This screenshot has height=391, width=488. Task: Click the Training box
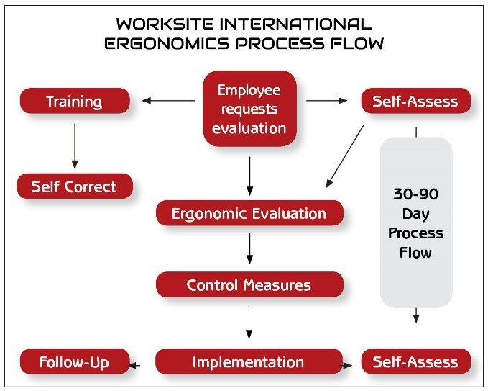pyautogui.click(x=75, y=101)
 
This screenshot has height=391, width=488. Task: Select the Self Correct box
pyautogui.click(x=75, y=186)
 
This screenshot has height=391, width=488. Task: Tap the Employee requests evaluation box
pyautogui.click(x=249, y=109)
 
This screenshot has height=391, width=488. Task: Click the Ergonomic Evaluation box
pyautogui.click(x=249, y=213)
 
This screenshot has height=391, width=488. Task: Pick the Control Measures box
pyautogui.click(x=249, y=284)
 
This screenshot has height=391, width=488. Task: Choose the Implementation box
pyautogui.click(x=249, y=361)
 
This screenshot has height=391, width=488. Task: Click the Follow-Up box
pyautogui.click(x=75, y=361)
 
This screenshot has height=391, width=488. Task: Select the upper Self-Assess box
pyautogui.click(x=416, y=101)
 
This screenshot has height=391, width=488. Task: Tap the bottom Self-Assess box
pyautogui.click(x=416, y=361)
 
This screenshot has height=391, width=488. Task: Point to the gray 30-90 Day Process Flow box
pyautogui.click(x=416, y=223)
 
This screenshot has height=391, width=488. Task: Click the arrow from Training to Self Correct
pyautogui.click(x=75, y=146)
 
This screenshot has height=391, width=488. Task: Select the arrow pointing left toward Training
pyautogui.click(x=168, y=100)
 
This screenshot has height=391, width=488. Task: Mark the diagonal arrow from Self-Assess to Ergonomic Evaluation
pyautogui.click(x=344, y=156)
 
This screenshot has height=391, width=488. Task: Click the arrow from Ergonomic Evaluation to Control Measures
pyautogui.click(x=249, y=248)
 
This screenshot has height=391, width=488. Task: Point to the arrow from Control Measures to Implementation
pyautogui.click(x=249, y=323)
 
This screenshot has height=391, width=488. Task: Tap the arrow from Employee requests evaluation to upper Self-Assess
pyautogui.click(x=326, y=100)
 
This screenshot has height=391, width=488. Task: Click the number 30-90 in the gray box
pyautogui.click(x=416, y=194)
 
